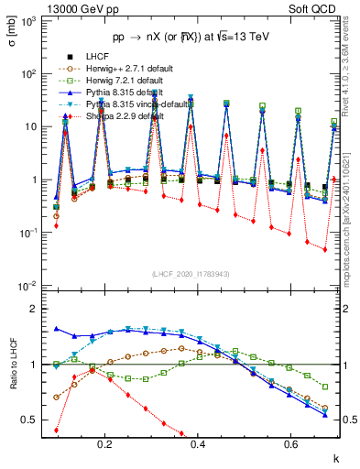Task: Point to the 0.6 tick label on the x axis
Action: [290, 447]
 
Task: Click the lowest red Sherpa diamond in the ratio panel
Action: [58, 430]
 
